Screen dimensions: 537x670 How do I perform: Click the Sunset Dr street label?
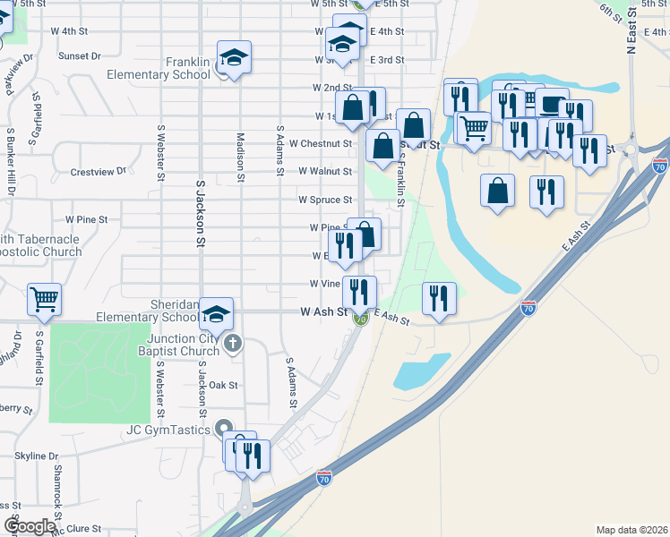click(x=80, y=55)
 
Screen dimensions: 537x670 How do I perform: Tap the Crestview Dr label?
click(x=99, y=170)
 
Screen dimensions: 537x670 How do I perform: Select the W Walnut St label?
click(x=325, y=170)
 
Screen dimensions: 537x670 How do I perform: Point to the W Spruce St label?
click(x=325, y=200)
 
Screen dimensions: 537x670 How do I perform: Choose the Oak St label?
click(x=223, y=385)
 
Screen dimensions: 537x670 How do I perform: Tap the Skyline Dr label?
click(x=36, y=456)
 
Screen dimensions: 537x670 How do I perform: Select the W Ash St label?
click(x=322, y=312)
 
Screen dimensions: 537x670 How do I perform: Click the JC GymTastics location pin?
click(x=224, y=430)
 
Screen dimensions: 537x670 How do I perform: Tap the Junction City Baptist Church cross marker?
click(x=233, y=343)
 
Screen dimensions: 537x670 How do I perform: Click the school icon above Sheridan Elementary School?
click(x=217, y=313)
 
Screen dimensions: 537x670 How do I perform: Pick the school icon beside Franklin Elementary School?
click(x=234, y=58)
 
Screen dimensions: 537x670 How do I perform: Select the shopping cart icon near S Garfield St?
click(x=45, y=299)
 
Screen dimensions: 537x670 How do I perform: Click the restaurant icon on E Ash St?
click(x=439, y=297)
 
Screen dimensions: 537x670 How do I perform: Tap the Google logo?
click(x=30, y=526)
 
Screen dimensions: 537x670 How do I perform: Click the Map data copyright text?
click(x=631, y=529)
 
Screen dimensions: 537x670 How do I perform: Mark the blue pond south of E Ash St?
click(x=421, y=371)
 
